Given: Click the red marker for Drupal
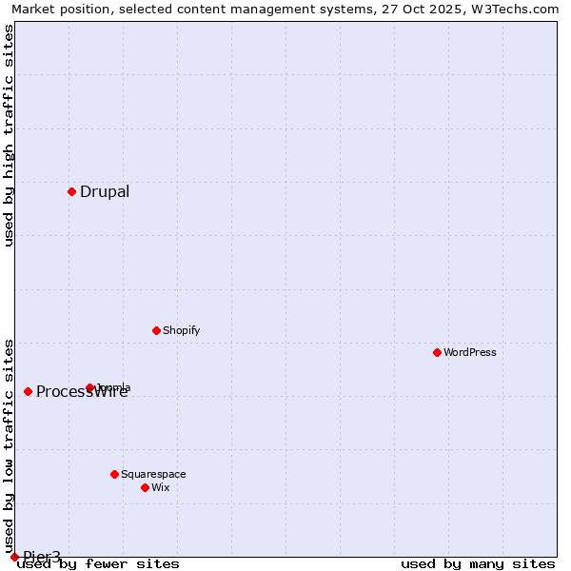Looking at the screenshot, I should pyautogui.click(x=71, y=191).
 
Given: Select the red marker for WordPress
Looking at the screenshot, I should pyautogui.click(x=437, y=352).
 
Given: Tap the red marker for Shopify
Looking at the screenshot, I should pyautogui.click(x=156, y=330).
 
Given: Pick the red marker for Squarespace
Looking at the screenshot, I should pyautogui.click(x=114, y=474).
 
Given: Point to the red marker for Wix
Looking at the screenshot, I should pyautogui.click(x=145, y=487).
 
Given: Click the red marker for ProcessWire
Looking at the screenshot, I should pyautogui.click(x=28, y=391).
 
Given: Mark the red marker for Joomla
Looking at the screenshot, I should pyautogui.click(x=90, y=387).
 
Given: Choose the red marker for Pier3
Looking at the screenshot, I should pyautogui.click(x=14, y=557).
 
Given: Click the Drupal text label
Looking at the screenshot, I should pyautogui.click(x=105, y=192).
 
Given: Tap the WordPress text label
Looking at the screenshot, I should pyautogui.click(x=470, y=352).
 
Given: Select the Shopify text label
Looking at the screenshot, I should pyautogui.click(x=181, y=330).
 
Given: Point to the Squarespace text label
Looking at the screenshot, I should pyautogui.click(x=153, y=474).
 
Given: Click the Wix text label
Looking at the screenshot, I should pyautogui.click(x=160, y=487).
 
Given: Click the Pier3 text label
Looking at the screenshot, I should pyautogui.click(x=42, y=557).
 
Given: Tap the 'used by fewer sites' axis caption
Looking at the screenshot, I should pyautogui.click(x=99, y=564).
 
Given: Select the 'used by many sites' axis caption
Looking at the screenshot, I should pyautogui.click(x=478, y=564).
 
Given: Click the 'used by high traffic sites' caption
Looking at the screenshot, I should pyautogui.click(x=10, y=135).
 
